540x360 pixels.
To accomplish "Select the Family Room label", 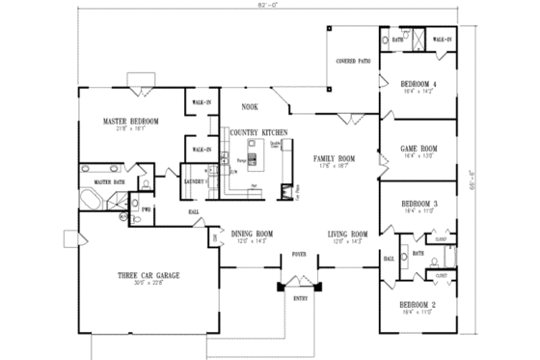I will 334,156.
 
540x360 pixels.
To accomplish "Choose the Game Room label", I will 419,149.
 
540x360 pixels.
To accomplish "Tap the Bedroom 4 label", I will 419,84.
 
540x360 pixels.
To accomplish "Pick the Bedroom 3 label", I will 419,204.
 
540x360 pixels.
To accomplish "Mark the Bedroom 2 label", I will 419,304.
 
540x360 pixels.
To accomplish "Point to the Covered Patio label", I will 353,60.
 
